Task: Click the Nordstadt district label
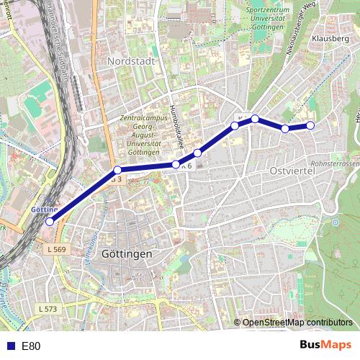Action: (x=130, y=62)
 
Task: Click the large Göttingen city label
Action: (x=127, y=254)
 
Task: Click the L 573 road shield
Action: (x=47, y=308)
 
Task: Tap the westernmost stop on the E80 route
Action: (x=50, y=222)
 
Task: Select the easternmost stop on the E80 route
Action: (x=311, y=125)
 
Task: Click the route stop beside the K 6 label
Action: (x=176, y=165)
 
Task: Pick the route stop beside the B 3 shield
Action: (x=117, y=171)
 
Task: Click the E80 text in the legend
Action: (x=31, y=346)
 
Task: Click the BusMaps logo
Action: (x=326, y=345)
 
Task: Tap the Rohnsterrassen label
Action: (x=334, y=163)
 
